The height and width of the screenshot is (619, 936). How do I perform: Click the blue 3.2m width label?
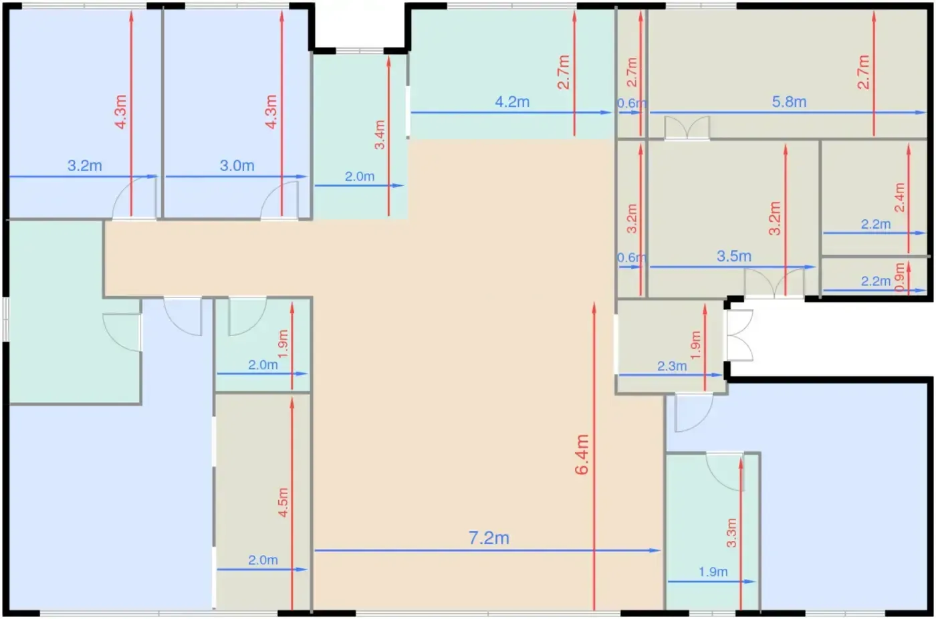point(85,166)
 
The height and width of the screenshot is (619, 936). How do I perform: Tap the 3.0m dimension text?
point(237,166)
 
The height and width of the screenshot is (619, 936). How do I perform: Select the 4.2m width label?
point(512,102)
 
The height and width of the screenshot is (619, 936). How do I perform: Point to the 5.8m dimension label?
point(789,102)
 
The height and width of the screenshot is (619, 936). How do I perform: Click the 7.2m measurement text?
point(489,538)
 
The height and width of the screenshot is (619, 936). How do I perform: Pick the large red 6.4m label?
point(582,455)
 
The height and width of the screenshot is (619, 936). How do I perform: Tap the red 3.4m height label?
point(380,134)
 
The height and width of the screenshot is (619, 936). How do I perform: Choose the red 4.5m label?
point(283,502)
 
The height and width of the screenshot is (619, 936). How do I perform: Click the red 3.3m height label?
point(731,533)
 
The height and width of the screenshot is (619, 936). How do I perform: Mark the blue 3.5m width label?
point(734,256)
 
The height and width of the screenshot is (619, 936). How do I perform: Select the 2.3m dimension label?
point(672,366)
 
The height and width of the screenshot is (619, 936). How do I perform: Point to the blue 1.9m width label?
point(713,572)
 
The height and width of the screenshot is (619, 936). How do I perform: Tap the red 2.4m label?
point(899,197)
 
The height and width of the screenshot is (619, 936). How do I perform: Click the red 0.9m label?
point(900,277)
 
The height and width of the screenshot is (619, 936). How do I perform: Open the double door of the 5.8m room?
point(687,128)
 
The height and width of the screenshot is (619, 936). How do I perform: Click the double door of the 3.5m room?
point(774,283)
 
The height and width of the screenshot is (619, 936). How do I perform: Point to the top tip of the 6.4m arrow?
point(594,303)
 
